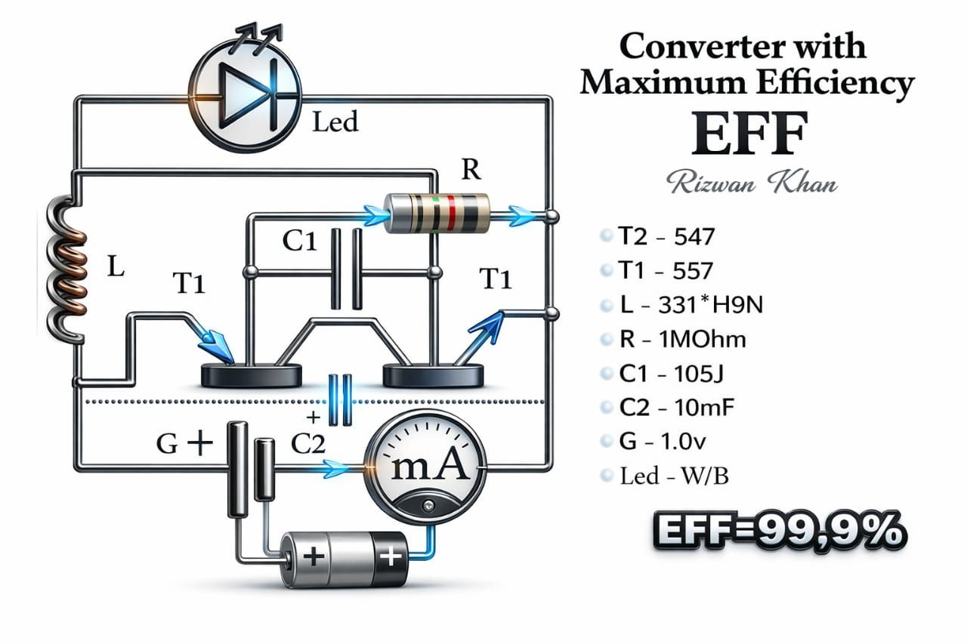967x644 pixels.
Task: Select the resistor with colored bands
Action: (x=437, y=213)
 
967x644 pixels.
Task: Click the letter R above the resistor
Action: (x=470, y=170)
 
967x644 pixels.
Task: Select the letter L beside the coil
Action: (x=115, y=269)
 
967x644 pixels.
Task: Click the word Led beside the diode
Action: (x=335, y=122)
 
